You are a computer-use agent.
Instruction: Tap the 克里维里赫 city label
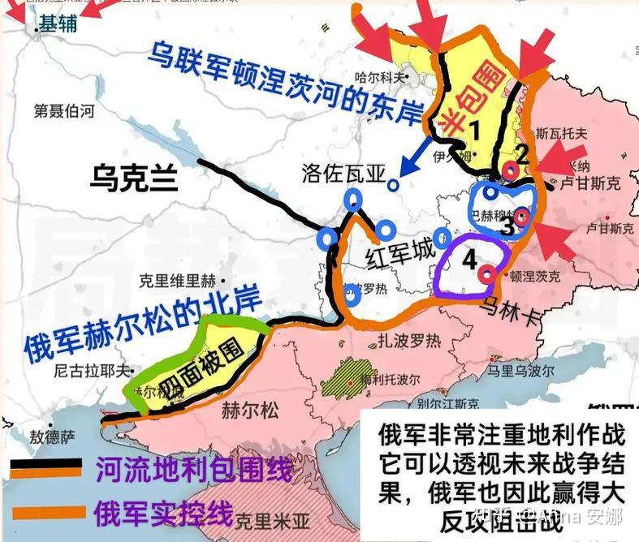(177, 281)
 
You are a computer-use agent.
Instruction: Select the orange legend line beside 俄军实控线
(45, 512)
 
